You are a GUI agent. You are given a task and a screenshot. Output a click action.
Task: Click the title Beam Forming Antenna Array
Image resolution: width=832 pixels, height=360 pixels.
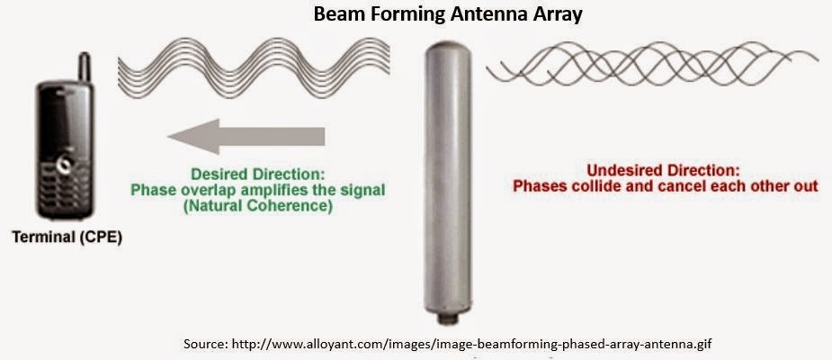pyautogui.click(x=416, y=15)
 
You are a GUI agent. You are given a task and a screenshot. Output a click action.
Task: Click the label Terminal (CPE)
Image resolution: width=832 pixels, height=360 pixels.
pyautogui.click(x=67, y=238)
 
